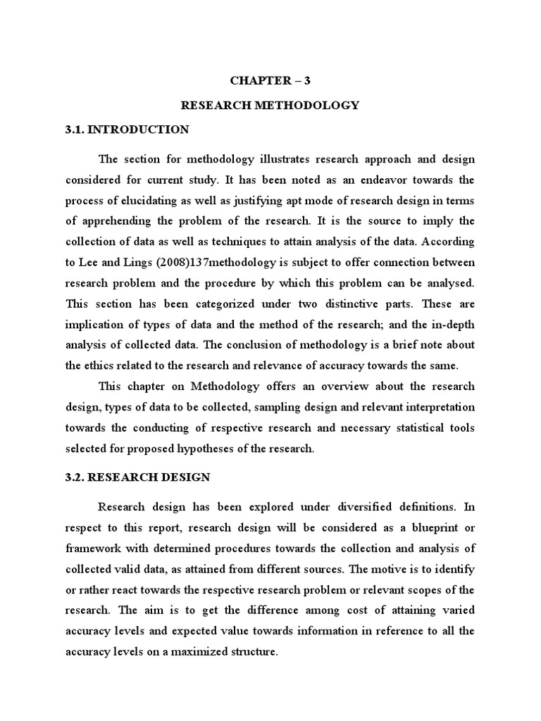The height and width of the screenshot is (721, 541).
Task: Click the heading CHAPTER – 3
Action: click(270, 80)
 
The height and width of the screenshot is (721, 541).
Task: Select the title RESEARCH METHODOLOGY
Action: click(270, 105)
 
